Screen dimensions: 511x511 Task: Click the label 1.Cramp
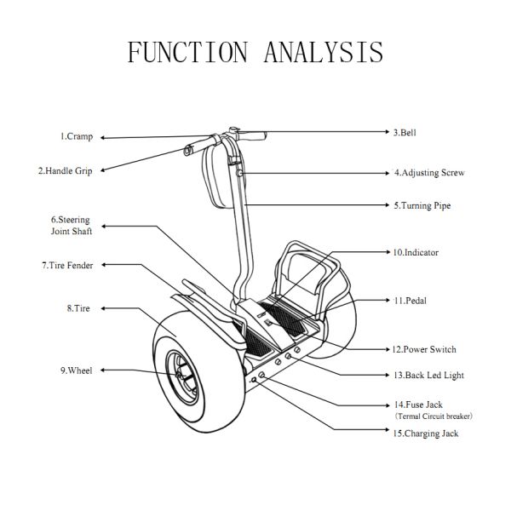click(76, 136)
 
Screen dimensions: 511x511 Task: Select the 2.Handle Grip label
click(65, 170)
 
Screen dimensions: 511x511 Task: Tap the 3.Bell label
click(404, 133)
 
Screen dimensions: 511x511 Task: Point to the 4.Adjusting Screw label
click(428, 173)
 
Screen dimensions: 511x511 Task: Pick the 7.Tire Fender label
click(67, 266)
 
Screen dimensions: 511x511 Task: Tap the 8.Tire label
click(78, 307)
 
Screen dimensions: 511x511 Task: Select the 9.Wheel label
click(76, 370)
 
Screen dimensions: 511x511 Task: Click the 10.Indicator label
click(415, 253)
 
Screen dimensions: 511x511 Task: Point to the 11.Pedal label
click(410, 301)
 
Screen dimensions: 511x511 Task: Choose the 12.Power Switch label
click(423, 349)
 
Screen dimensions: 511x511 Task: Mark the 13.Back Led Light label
click(429, 375)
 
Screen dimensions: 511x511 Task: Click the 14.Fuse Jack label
click(418, 405)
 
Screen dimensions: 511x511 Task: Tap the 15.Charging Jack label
click(426, 433)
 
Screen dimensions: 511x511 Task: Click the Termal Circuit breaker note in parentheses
click(433, 416)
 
